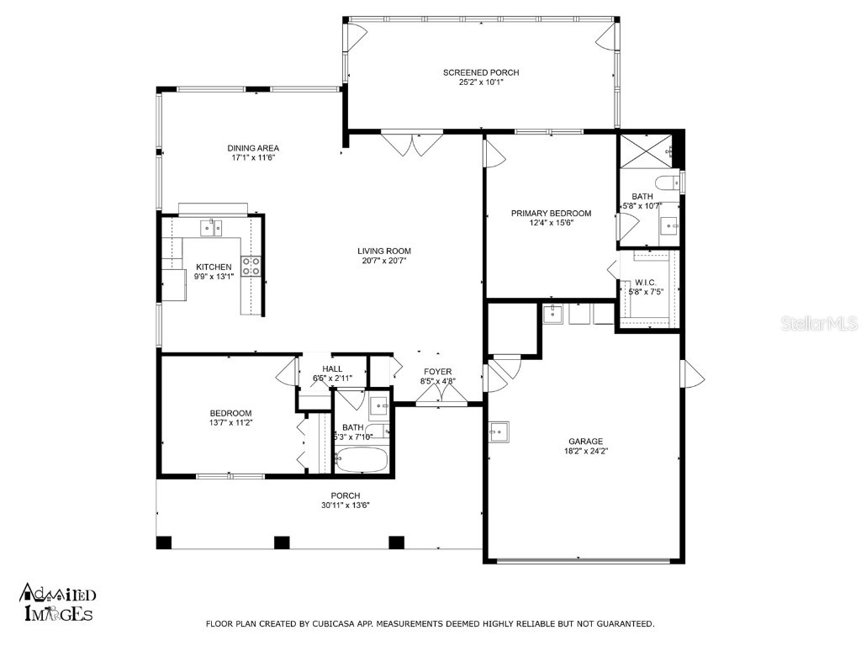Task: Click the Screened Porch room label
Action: coord(481,72)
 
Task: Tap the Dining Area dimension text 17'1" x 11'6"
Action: coord(252,157)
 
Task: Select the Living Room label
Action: coord(383,251)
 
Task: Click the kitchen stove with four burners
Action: coord(251,266)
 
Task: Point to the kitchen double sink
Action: coord(210,227)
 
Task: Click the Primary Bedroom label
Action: coord(551,213)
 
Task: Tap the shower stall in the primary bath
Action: coord(645,151)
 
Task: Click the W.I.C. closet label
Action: coord(645,283)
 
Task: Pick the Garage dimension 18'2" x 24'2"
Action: coord(586,451)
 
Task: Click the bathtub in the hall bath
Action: coord(362,459)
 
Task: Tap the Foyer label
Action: coord(437,372)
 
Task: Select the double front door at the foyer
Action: coord(441,394)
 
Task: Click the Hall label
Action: coord(332,369)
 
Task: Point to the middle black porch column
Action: coord(282,543)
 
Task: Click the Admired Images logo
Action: coord(58,602)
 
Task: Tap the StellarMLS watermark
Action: coord(819,324)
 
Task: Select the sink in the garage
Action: coord(499,432)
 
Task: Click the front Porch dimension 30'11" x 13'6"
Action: coord(346,506)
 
